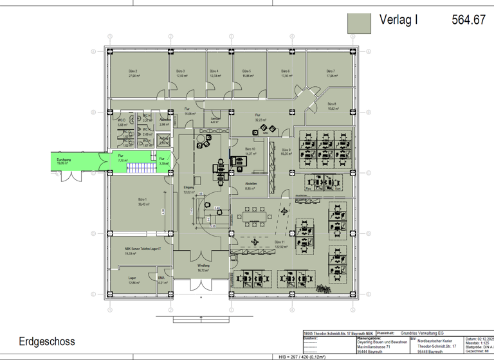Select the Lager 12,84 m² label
click(133, 280)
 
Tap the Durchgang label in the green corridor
click(63, 160)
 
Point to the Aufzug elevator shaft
click(164, 140)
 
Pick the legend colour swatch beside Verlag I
click(360, 22)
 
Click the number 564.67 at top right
click(468, 20)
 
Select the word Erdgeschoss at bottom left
click(46, 341)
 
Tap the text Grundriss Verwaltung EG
click(423, 334)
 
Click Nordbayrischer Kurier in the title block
click(435, 341)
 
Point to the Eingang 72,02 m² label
click(188, 189)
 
